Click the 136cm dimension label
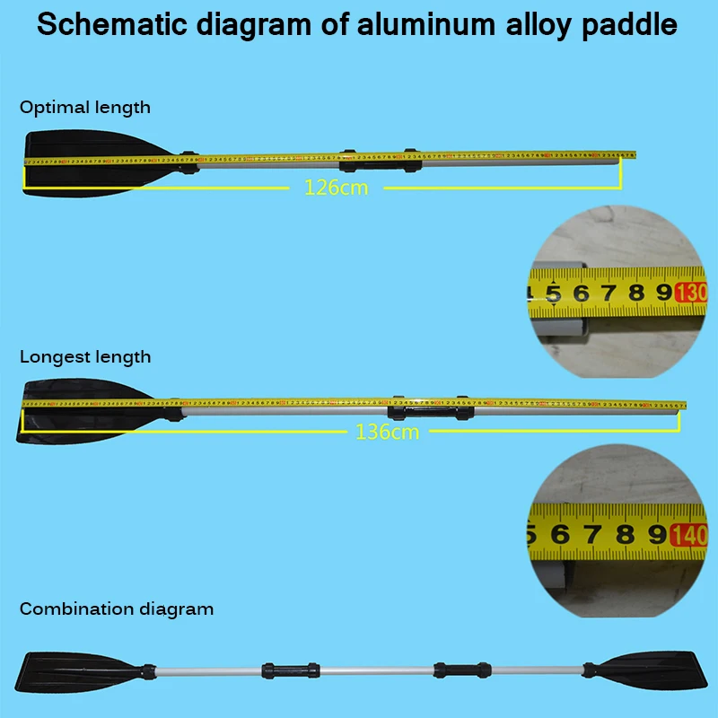pyautogui.click(x=387, y=432)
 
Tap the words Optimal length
pyautogui.click(x=85, y=108)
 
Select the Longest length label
pyautogui.click(x=85, y=357)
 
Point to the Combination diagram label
pyautogui.click(x=117, y=609)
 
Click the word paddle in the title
pyautogui.click(x=628, y=24)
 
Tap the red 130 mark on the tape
pyautogui.click(x=692, y=293)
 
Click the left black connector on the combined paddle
pyautogui.click(x=290, y=670)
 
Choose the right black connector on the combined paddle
pyautogui.click(x=464, y=670)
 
